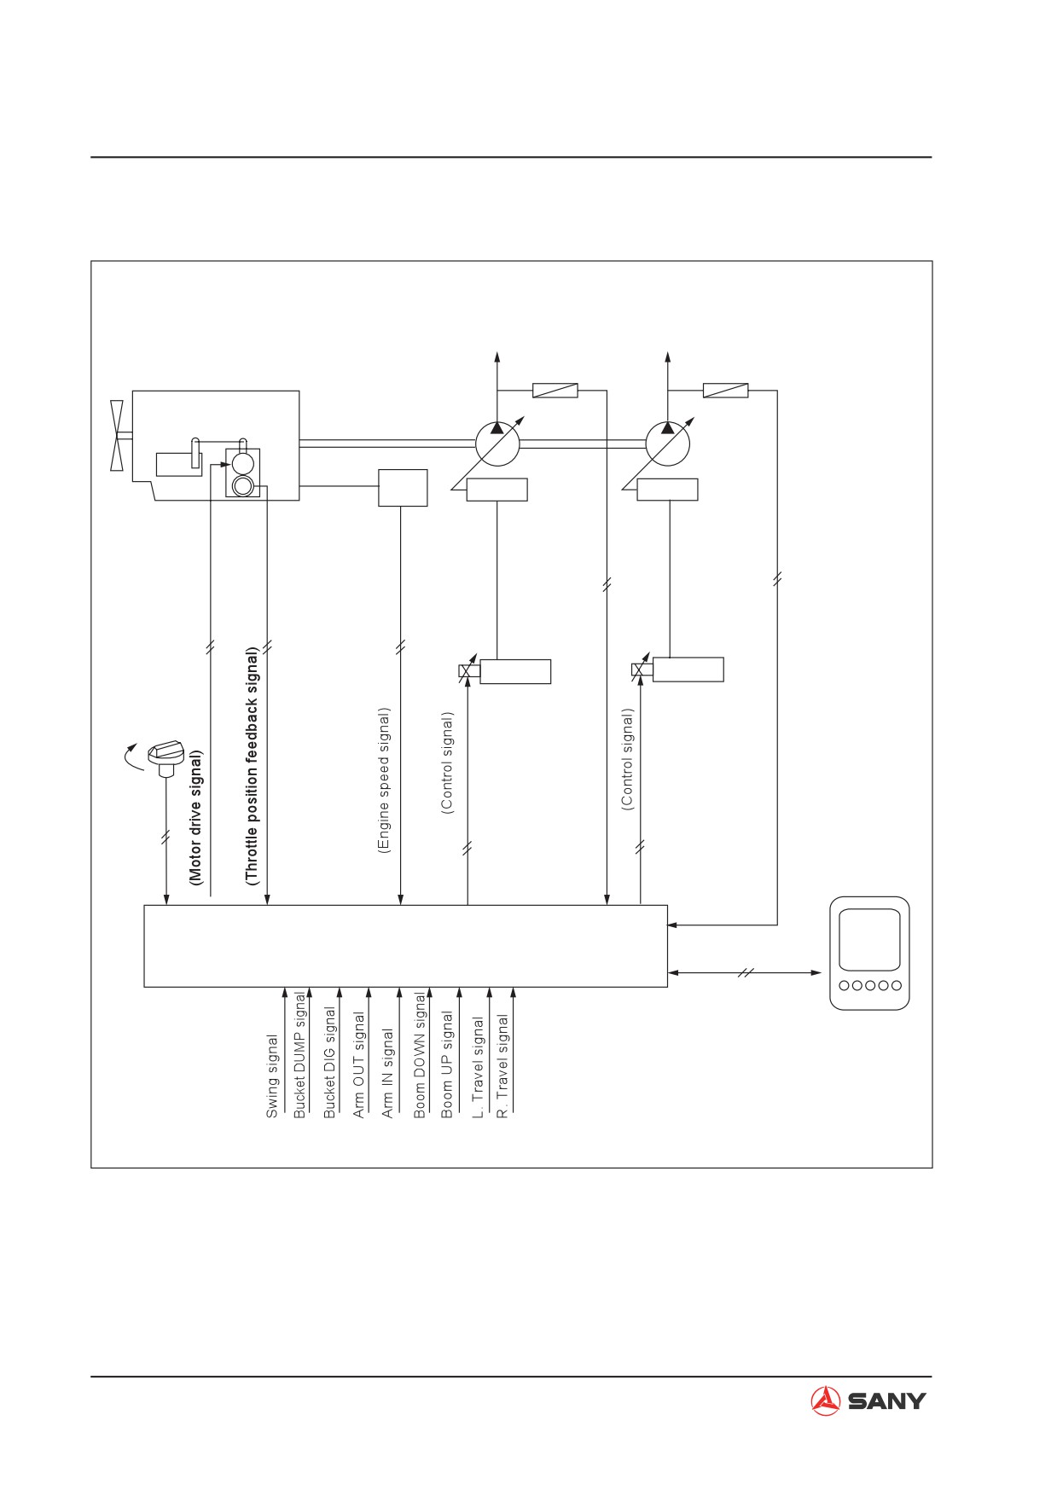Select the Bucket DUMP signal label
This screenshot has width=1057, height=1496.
299,1055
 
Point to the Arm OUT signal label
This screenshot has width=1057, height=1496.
359,1065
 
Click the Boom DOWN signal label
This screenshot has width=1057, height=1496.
420,1055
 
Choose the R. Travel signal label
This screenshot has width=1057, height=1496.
503,1066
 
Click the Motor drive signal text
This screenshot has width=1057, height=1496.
196,818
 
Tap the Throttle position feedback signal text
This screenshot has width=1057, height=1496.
252,767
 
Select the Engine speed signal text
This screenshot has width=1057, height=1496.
384,780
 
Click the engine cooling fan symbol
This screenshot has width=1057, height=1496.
119,434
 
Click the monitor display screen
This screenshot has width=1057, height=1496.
869,940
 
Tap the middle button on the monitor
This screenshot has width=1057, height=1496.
870,985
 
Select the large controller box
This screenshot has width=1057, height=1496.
405,946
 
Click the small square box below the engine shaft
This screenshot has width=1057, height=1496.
403,487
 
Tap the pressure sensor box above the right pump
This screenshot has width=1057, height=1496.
725,391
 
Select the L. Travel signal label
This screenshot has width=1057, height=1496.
478,1067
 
